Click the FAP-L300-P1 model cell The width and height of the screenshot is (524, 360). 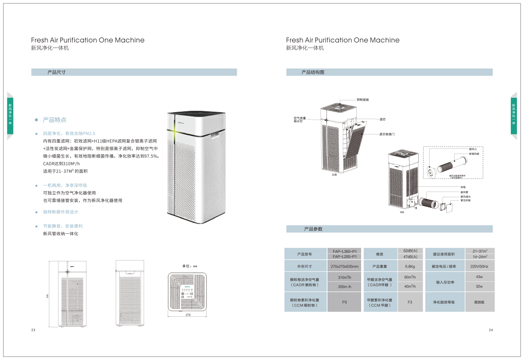point(345,251)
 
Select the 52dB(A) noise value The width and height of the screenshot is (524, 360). point(410,251)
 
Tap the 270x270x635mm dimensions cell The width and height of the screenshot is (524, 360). point(345,266)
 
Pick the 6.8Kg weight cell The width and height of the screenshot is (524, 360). point(410,266)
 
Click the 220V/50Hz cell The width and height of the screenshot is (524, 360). point(479,266)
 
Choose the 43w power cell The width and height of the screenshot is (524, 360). point(479,277)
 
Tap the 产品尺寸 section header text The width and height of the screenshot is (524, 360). point(56,72)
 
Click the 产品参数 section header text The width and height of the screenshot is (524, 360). point(313,229)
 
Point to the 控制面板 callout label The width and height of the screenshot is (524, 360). point(363,100)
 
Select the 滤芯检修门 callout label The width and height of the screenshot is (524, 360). point(387,134)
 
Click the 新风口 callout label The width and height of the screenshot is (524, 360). point(472,149)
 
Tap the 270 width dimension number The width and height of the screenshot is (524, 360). point(188,315)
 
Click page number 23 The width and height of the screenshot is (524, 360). point(33,330)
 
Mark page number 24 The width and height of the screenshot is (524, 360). point(491,330)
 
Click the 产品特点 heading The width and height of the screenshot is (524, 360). point(55,120)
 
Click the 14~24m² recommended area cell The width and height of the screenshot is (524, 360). point(479,257)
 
